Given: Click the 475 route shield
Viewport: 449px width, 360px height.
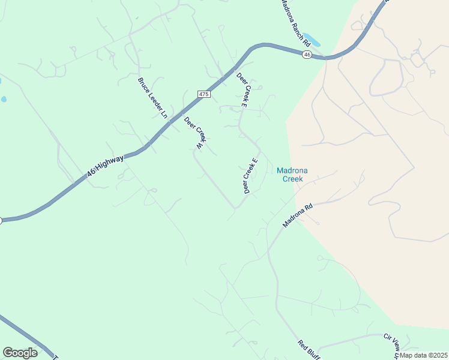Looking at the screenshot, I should click(x=204, y=95).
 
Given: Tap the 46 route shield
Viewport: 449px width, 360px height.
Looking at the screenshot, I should click(x=307, y=55).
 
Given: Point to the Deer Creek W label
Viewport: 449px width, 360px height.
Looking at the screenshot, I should click(x=195, y=133).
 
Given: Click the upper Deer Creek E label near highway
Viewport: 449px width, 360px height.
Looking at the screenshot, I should click(x=242, y=90).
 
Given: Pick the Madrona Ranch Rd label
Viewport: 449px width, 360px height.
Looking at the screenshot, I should click(x=295, y=23).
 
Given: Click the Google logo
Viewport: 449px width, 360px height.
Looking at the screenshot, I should click(x=20, y=353).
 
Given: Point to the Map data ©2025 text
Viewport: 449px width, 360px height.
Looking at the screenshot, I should click(x=423, y=355).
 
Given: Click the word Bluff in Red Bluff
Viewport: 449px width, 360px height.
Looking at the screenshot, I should click(x=315, y=354).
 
